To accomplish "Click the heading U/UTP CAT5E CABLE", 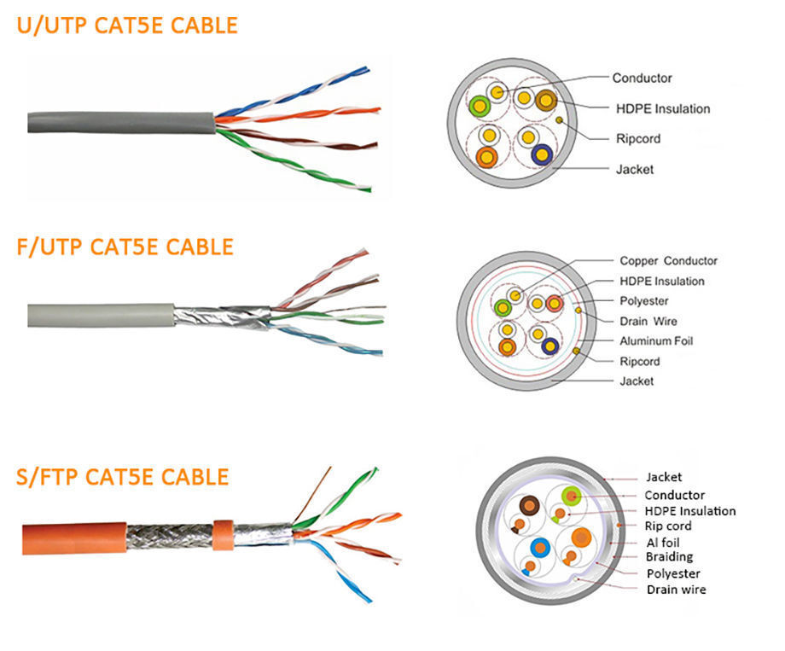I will click(x=126, y=26).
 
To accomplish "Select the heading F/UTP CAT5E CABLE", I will click(x=125, y=247).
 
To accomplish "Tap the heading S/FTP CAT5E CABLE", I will click(x=122, y=476).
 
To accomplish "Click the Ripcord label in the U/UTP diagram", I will click(x=637, y=138).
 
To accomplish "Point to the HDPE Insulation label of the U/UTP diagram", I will click(x=662, y=108).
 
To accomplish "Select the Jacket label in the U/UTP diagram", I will click(x=634, y=169).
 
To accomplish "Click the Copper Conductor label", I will click(x=668, y=261).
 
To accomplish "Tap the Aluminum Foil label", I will click(x=655, y=340).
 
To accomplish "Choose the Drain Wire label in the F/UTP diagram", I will click(x=649, y=321).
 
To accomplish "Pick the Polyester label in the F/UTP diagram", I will click(x=643, y=301).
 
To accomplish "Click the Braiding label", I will click(x=669, y=557).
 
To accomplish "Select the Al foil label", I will click(x=662, y=542).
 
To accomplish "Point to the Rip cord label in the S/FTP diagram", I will click(x=667, y=526).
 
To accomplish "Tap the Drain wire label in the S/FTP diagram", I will click(x=676, y=590).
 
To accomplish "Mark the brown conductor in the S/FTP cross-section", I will click(x=530, y=506).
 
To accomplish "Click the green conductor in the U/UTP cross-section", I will click(x=480, y=107).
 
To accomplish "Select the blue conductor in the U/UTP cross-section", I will click(x=542, y=154).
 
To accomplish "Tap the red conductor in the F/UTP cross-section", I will click(x=555, y=303).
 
